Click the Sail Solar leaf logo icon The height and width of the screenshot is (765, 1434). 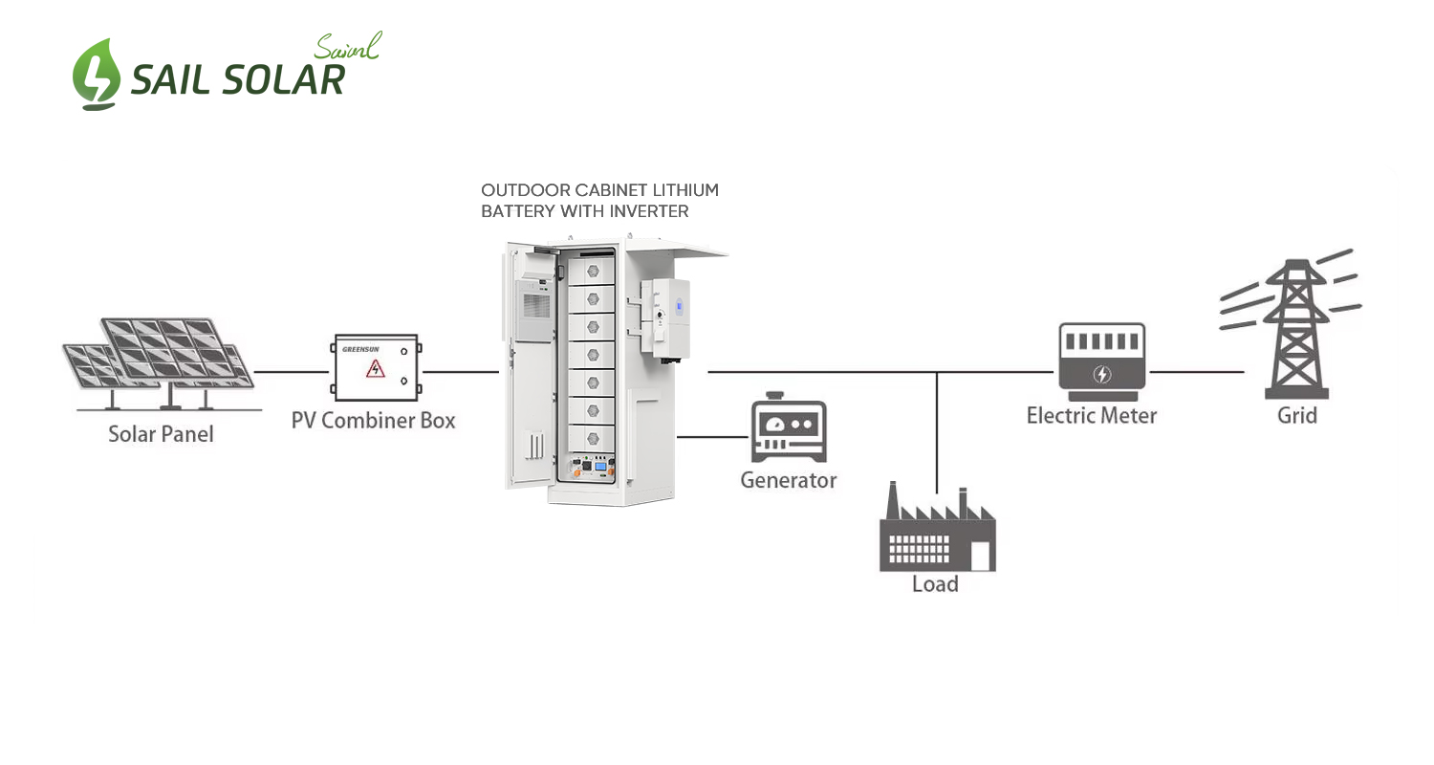[x=97, y=75]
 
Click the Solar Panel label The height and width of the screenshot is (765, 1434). [x=161, y=434]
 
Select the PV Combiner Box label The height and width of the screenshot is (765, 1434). [x=374, y=420]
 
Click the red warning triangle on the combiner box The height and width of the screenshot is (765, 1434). [x=375, y=368]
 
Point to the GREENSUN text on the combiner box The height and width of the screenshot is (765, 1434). [x=360, y=349]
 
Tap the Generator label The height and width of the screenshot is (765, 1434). [x=789, y=480]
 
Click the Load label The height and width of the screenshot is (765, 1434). [x=935, y=583]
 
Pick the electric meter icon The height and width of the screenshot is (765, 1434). [x=1101, y=361]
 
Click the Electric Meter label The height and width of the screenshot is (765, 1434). [x=1092, y=416]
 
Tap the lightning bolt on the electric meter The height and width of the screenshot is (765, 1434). [x=1102, y=374]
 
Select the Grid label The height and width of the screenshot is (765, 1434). [x=1297, y=416]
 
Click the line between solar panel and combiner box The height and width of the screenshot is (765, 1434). [x=291, y=371]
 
